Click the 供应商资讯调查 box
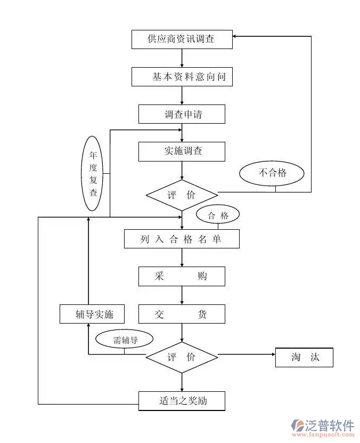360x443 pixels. (x=182, y=39)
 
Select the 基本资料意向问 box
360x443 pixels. (x=182, y=77)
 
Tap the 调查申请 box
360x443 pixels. (x=182, y=114)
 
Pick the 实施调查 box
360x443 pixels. (x=182, y=151)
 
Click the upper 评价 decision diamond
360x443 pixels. (x=182, y=195)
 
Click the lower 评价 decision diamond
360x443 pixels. (x=182, y=357)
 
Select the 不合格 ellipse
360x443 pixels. (x=272, y=173)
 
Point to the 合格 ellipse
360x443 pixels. (x=218, y=215)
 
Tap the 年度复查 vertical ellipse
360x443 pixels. (x=93, y=174)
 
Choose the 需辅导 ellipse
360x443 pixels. (x=125, y=340)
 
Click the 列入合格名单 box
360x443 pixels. (x=182, y=239)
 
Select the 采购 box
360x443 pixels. (x=182, y=276)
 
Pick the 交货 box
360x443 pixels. (x=182, y=314)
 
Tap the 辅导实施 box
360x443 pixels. (x=93, y=314)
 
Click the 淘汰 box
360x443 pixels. (x=304, y=357)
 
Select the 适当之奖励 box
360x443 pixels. (x=182, y=401)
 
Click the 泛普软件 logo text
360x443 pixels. (x=329, y=424)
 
